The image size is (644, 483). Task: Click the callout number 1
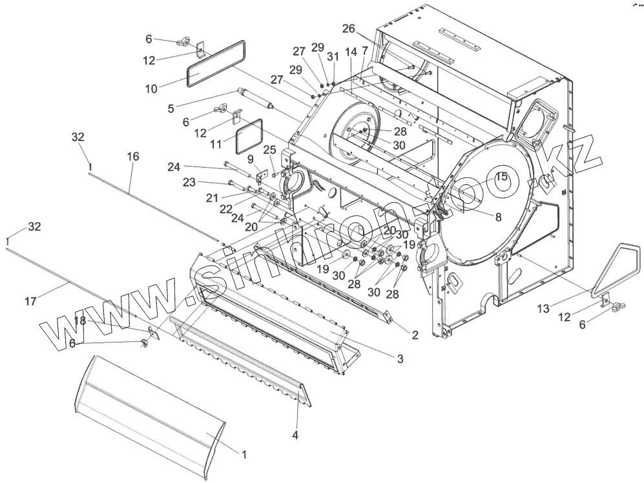click(244, 455)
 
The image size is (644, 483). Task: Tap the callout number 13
click(544, 309)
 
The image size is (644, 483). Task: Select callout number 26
click(348, 29)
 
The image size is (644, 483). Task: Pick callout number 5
click(171, 108)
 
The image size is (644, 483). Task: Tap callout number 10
click(151, 88)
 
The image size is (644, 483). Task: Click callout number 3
click(400, 359)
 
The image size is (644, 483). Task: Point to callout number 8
click(498, 217)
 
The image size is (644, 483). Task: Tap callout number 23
click(189, 182)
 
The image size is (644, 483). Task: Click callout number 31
click(333, 57)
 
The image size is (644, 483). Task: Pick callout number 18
click(79, 320)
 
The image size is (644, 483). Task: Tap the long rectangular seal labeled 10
click(216, 63)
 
